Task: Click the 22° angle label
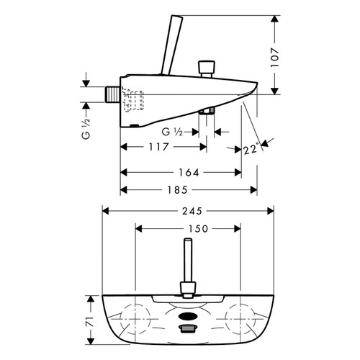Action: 251,150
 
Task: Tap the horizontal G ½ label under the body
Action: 172,132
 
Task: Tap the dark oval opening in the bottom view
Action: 188,315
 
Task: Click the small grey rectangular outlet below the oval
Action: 188,329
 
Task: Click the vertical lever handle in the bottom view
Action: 188,266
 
